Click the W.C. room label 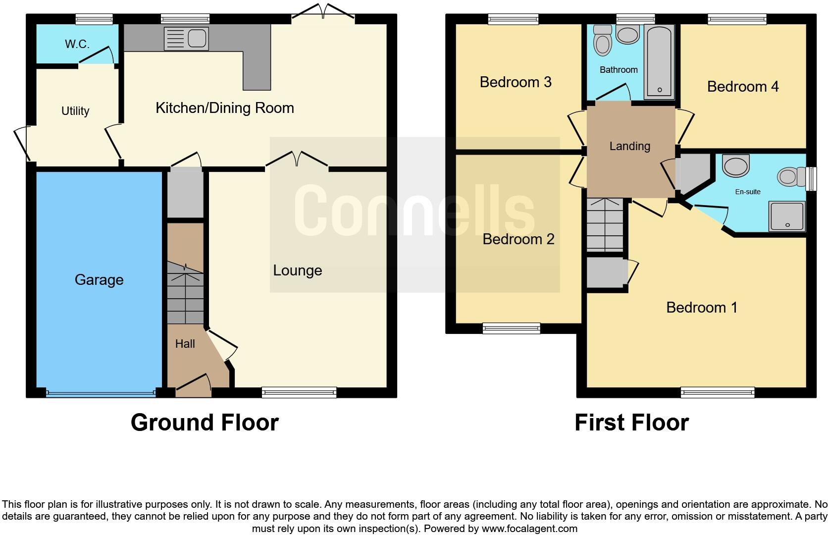click(x=77, y=44)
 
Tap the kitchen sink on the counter click(x=187, y=39)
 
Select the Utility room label click(x=75, y=111)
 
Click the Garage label click(x=99, y=280)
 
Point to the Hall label click(x=185, y=344)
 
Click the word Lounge click(x=298, y=270)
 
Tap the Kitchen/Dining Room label click(x=225, y=108)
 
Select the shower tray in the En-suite click(x=786, y=216)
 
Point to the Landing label click(x=629, y=146)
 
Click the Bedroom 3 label click(x=516, y=82)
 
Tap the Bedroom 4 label click(x=743, y=87)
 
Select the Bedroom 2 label click(x=518, y=239)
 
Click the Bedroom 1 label click(x=702, y=308)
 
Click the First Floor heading click(x=631, y=423)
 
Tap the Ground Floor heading click(x=205, y=423)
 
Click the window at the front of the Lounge click(x=299, y=393)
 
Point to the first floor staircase click(x=605, y=225)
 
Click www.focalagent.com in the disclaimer click(x=528, y=529)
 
